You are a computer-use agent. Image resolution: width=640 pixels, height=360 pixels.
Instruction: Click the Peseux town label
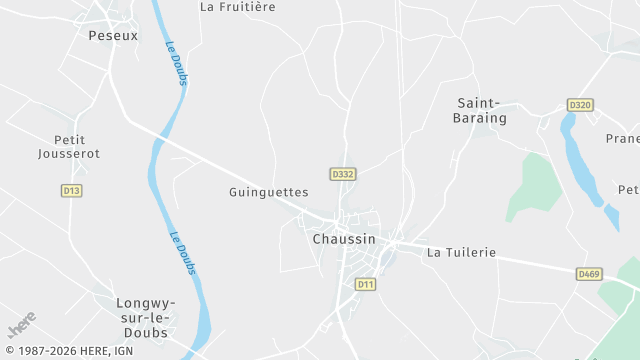[113, 35]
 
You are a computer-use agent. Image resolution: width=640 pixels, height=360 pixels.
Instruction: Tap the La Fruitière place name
[237, 6]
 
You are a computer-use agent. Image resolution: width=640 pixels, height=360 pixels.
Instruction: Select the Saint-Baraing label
[482, 110]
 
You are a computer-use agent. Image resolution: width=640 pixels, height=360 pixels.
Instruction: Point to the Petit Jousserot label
[69, 146]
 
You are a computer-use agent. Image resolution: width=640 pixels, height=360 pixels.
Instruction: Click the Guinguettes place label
[268, 191]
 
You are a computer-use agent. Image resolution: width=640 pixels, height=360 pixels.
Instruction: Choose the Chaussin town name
[344, 239]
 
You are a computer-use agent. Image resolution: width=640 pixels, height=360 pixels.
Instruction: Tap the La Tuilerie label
[461, 253]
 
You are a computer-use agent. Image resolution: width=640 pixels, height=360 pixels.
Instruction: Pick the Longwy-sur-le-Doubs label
[146, 317]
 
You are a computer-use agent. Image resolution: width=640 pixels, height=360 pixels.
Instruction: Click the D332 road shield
[343, 174]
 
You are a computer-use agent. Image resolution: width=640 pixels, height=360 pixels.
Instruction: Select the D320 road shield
[580, 104]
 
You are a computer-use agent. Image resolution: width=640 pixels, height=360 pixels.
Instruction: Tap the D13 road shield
[71, 190]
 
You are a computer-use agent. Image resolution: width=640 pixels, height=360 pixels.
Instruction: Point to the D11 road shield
[366, 285]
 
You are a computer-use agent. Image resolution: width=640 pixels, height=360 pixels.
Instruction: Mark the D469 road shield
[589, 273]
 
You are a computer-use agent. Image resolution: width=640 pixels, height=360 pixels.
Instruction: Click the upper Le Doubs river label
[177, 62]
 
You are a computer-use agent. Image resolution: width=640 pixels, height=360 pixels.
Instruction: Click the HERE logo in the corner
[21, 325]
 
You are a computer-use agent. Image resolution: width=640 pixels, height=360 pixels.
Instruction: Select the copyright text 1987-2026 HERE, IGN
[68, 351]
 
